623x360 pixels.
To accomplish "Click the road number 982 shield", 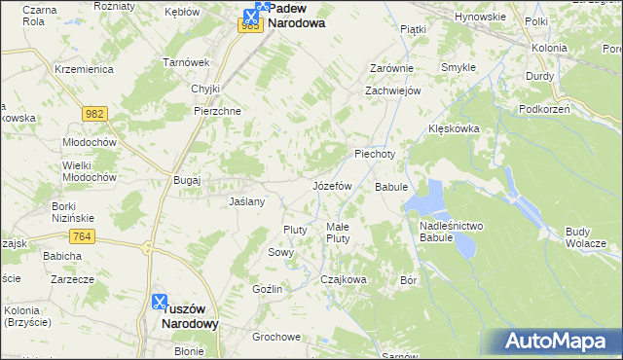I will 93,115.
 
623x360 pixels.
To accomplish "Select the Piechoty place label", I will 375,154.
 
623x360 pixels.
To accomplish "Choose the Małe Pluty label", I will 338,232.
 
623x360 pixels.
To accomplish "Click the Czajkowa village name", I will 344,279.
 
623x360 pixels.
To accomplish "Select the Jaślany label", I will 246,201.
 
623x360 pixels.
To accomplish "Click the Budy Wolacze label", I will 586,236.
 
